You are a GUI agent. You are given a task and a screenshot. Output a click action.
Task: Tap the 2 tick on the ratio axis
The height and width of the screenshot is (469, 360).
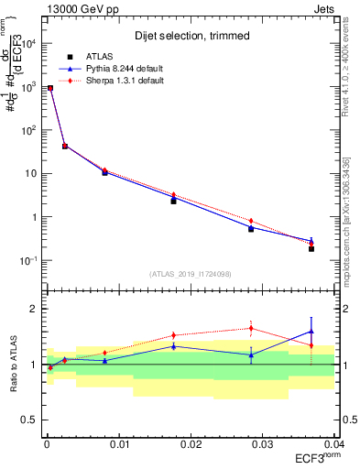click(37, 309)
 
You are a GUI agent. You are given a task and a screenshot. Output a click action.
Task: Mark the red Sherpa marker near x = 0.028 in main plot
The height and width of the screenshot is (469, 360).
click(251, 221)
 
